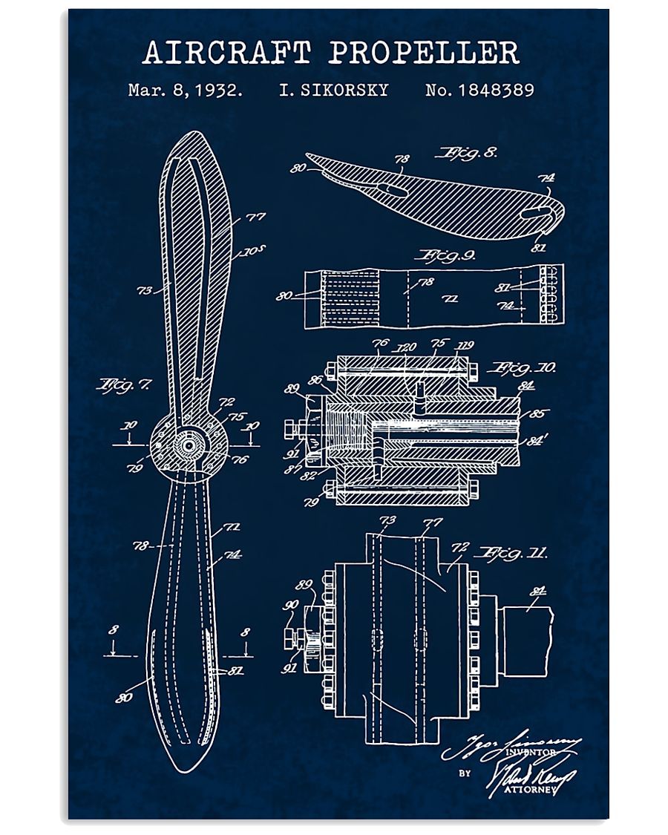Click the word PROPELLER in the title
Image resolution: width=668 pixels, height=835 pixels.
424,53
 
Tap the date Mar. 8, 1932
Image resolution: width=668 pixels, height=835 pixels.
185,91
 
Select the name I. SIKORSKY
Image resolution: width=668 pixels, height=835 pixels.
333,91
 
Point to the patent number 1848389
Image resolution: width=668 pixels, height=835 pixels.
479,91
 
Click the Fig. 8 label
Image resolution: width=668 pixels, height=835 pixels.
465,154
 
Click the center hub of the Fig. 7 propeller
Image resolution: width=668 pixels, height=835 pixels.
189,445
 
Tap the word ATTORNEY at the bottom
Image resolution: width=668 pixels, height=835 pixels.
530,789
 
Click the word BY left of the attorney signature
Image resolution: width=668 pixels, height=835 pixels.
465,773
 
